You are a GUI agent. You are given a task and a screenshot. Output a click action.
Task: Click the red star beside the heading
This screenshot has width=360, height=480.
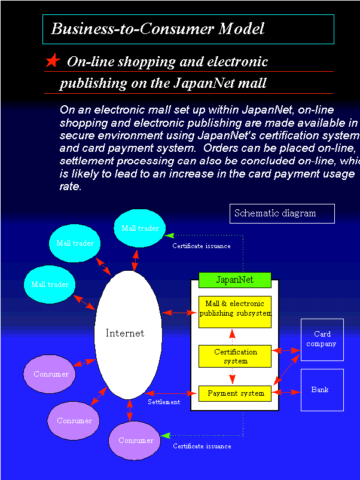53,60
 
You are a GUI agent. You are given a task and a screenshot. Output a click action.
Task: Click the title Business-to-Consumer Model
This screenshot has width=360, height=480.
157,29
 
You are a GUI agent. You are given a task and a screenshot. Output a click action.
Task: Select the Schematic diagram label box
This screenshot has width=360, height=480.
282,213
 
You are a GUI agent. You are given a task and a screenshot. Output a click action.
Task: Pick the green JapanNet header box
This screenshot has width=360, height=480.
234,280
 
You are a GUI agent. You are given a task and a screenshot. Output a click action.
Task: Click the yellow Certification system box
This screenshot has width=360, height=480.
235,356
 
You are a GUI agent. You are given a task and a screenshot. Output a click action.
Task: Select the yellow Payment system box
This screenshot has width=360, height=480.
235,393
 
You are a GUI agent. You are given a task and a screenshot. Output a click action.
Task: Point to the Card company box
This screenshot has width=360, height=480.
322,340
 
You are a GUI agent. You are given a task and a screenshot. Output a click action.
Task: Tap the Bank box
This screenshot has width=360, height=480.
322,390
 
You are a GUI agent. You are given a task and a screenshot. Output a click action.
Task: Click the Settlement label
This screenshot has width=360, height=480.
164,402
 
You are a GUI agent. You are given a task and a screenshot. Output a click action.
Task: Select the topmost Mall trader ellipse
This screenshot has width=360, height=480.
140,228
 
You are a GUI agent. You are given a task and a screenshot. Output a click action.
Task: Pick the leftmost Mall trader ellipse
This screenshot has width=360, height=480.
50,285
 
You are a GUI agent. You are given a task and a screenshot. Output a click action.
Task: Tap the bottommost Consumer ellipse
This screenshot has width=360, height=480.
136,441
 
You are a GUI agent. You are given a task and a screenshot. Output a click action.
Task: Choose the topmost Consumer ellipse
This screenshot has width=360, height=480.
50,374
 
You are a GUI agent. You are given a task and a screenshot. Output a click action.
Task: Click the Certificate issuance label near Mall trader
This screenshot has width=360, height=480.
202,246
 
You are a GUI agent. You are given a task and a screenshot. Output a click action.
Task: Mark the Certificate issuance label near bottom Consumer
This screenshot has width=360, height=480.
202,446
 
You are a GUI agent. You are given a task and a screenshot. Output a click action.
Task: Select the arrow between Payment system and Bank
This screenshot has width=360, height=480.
286,393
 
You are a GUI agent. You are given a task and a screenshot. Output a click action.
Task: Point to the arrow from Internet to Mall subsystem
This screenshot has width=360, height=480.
180,313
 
